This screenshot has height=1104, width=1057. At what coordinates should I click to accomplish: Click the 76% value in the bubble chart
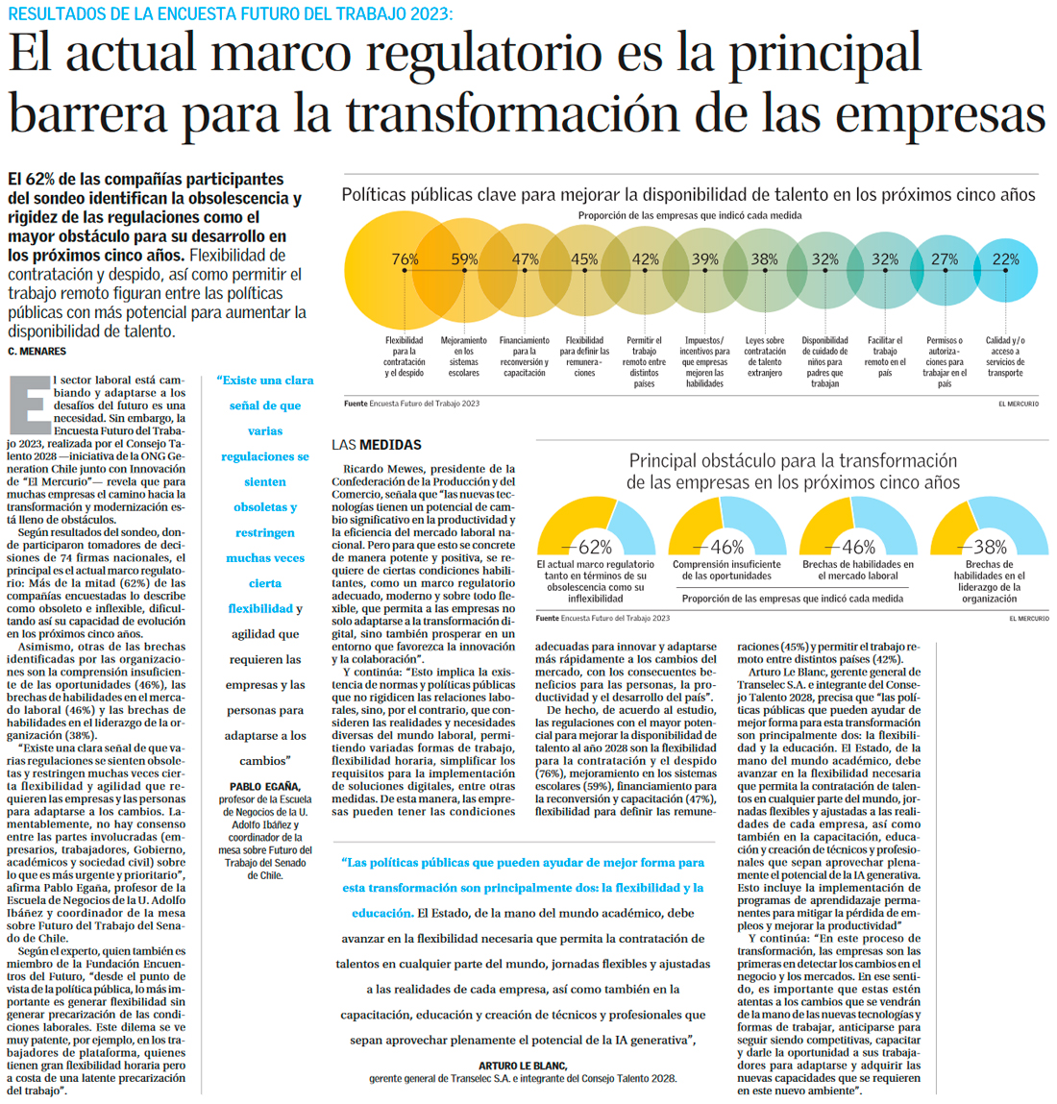405,259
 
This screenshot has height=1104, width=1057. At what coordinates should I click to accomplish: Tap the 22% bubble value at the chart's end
1005,259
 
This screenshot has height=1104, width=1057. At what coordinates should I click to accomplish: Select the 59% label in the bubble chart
464,259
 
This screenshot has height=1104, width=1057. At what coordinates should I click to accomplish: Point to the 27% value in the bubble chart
945,259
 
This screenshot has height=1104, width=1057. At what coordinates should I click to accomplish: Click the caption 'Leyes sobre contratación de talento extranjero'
765,356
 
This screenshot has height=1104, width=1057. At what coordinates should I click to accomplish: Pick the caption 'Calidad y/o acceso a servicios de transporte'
1005,356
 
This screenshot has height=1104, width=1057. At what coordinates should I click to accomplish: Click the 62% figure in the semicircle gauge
595,547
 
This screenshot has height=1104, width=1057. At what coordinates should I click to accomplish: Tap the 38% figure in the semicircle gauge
990,547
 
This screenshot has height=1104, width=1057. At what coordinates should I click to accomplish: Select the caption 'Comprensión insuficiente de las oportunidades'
726,571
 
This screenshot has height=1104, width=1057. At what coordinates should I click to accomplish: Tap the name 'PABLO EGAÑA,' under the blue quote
264,786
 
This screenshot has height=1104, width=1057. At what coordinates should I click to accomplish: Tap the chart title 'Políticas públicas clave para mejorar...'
688,195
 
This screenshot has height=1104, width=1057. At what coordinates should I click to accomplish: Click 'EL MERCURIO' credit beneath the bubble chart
1018,404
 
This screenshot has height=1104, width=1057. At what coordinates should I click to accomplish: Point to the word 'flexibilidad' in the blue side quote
260,609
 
